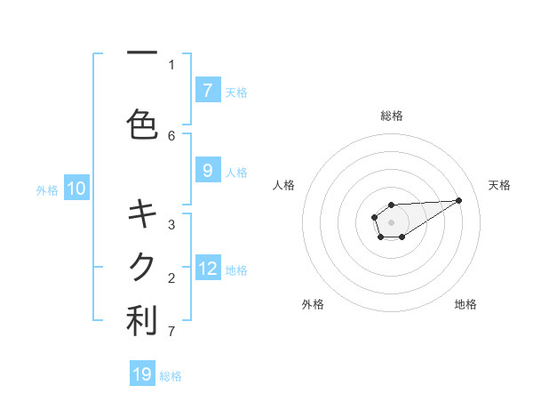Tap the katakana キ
point(142,213)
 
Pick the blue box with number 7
point(207,90)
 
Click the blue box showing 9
point(207,171)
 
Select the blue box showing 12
point(208,269)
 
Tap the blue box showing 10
point(76,189)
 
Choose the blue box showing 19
point(142,374)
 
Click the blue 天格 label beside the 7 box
point(236,92)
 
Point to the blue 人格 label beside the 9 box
point(236,173)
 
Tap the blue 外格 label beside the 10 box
point(47,189)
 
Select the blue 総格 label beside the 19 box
point(171,376)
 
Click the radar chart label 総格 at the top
point(391,116)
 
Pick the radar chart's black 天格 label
point(499,185)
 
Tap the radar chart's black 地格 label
point(465,304)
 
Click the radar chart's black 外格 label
point(313,304)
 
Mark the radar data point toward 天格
point(459,199)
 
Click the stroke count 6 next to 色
point(171,135)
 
